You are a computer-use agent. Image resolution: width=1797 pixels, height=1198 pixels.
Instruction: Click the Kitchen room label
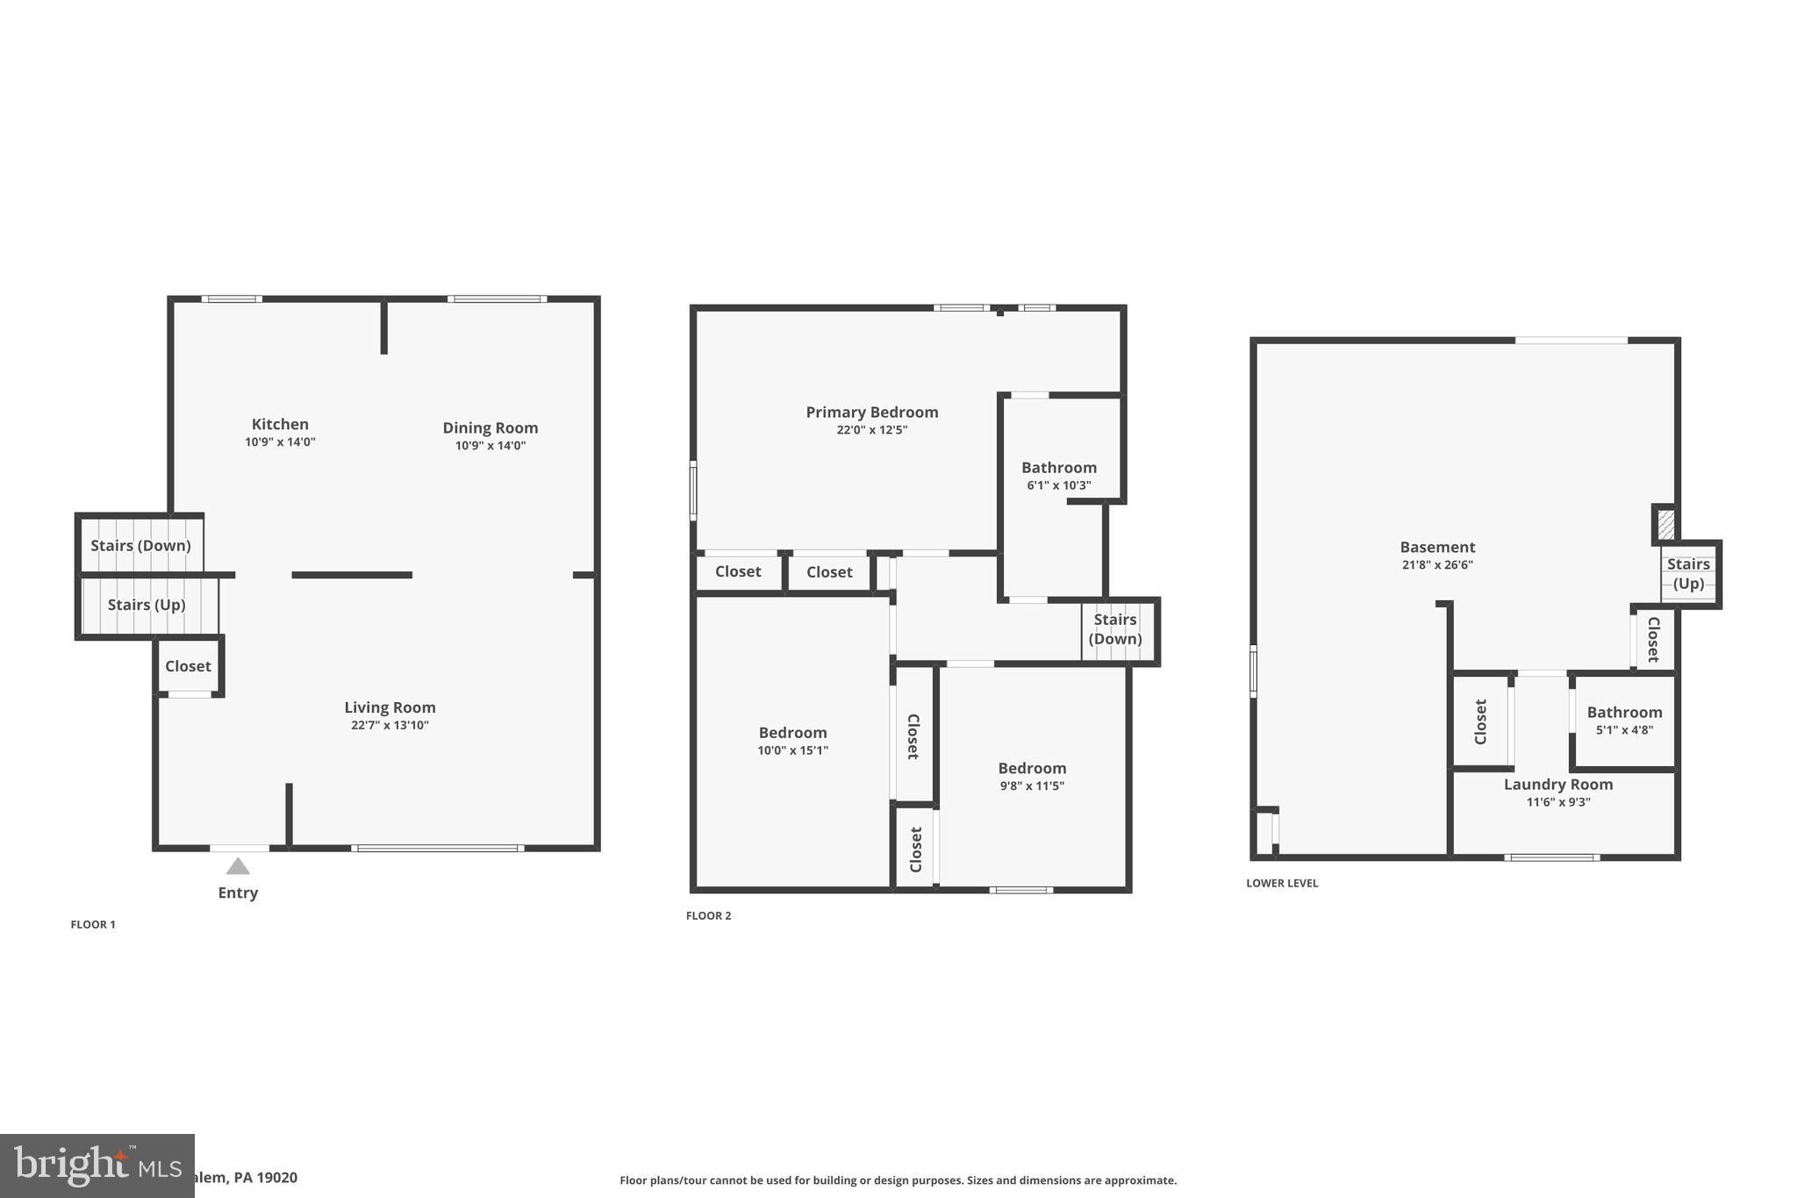pos(280,424)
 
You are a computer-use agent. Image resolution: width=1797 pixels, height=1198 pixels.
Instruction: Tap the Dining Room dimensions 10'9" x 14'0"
pos(490,446)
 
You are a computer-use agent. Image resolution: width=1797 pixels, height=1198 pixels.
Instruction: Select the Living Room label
pos(390,707)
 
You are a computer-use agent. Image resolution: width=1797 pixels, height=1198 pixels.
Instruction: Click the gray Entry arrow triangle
pos(238,867)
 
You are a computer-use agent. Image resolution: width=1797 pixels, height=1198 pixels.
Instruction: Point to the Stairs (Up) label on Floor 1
pos(147,605)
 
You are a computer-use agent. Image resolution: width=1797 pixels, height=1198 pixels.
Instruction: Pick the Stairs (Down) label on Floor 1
pos(140,545)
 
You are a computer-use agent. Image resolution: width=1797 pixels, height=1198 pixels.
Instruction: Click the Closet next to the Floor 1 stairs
pos(188,666)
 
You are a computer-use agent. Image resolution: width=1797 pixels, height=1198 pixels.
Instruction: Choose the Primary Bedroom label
pos(871,412)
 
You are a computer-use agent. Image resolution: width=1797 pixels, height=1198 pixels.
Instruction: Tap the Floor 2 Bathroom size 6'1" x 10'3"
pos(1058,485)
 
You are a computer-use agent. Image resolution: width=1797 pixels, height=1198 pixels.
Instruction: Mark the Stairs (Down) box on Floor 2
pos(1115,629)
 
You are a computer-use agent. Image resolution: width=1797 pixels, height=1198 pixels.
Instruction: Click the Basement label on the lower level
pos(1436,547)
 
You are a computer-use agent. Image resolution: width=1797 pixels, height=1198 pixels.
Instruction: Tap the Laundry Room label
pos(1557,785)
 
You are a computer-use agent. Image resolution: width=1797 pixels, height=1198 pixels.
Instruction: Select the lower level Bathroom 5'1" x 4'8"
pos(1623,721)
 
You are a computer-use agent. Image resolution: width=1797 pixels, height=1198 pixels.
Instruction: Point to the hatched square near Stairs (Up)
pos(1665,525)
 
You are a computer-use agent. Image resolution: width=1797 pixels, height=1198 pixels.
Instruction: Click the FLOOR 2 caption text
pos(708,915)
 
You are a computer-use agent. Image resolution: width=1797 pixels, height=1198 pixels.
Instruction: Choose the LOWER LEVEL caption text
pos(1281,883)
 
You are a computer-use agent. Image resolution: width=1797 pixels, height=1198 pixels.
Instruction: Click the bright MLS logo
pos(97,1166)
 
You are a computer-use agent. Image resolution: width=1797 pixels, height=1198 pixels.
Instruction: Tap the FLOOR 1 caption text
pos(93,924)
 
